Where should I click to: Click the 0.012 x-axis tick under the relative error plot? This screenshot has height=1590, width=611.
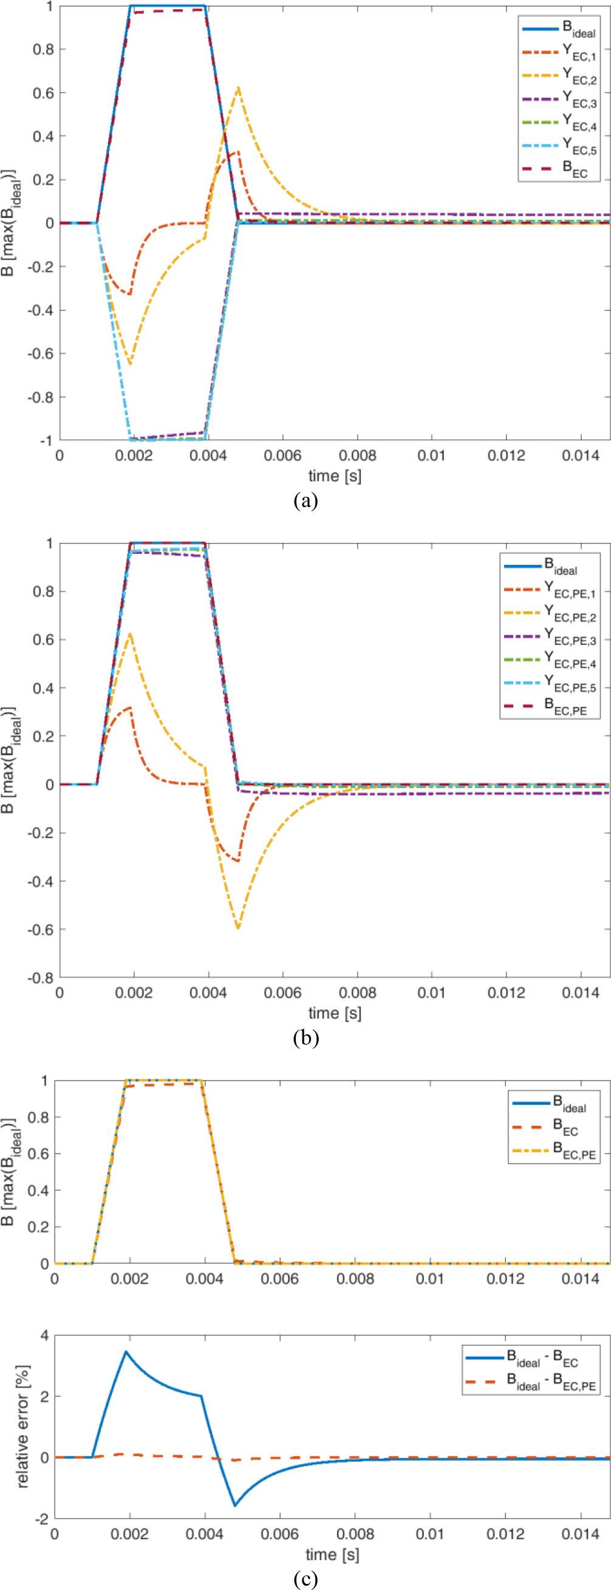(x=505, y=1530)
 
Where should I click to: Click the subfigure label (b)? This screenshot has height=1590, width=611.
(x=305, y=1037)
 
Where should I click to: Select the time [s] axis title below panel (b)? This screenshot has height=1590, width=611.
(x=335, y=1013)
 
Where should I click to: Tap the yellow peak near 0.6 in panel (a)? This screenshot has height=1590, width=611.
(x=238, y=87)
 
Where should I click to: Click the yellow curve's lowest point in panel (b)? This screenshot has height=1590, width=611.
(x=237, y=928)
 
